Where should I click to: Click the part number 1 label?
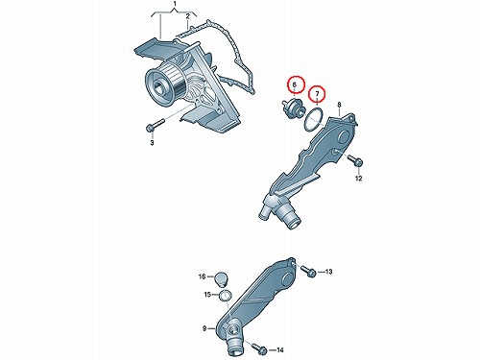point(175,4)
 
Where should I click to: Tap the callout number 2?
point(188,16)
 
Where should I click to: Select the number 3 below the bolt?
point(152,142)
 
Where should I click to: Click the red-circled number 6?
point(295,84)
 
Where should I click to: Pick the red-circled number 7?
point(317,94)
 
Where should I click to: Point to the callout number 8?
point(339,105)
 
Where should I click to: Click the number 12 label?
point(358,179)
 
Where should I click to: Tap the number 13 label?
point(328,272)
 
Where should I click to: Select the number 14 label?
point(280,350)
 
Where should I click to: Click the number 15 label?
point(208,294)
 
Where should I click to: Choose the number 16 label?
point(202,276)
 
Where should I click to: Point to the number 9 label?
point(204,328)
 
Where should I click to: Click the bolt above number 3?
point(155,125)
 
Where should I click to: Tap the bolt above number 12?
point(355,160)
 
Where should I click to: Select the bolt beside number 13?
point(308,271)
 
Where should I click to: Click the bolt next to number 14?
point(259,348)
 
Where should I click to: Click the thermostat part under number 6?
point(292,108)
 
